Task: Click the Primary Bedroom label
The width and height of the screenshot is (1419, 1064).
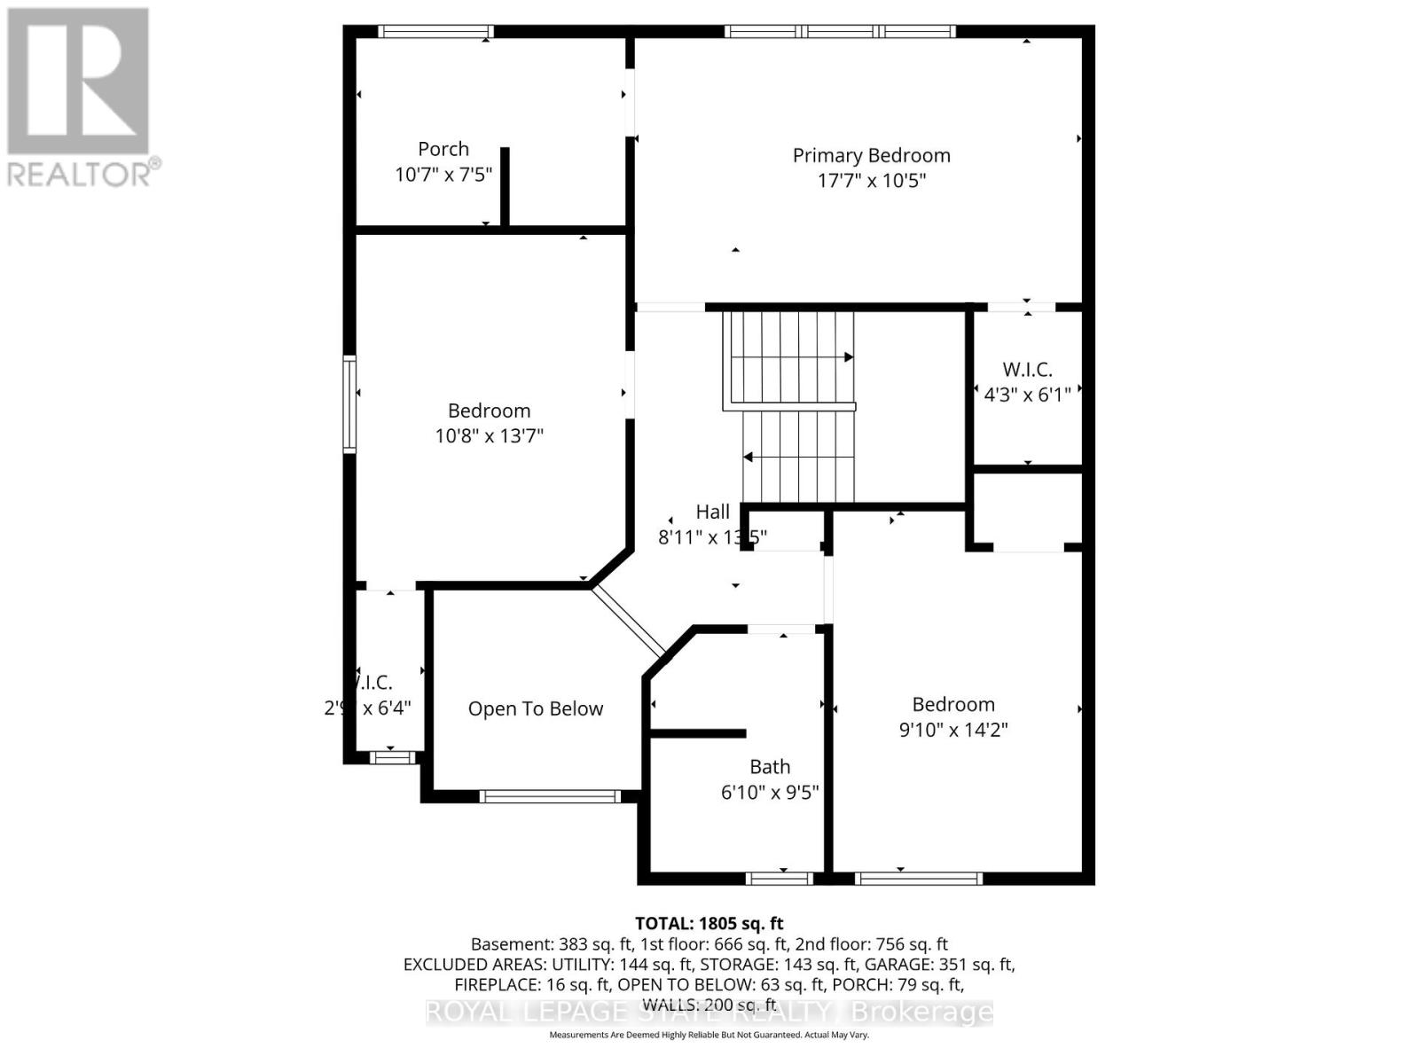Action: [x=871, y=156]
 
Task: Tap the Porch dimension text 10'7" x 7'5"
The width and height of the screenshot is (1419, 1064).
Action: [x=443, y=175]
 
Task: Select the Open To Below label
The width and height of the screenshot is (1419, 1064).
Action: [x=536, y=708]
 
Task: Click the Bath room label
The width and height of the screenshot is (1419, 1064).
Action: [x=770, y=767]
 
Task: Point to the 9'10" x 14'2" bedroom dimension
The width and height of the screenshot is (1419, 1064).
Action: [x=953, y=730]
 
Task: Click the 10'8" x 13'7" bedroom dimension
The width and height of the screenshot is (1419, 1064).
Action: [x=489, y=435]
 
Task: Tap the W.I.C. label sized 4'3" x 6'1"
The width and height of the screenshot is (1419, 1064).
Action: [x=1027, y=370]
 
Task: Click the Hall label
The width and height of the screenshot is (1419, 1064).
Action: [x=712, y=512]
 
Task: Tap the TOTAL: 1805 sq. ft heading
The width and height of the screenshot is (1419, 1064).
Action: [x=709, y=924]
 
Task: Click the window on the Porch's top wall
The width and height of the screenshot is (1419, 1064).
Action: [x=435, y=31]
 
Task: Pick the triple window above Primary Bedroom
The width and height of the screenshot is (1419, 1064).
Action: [x=840, y=31]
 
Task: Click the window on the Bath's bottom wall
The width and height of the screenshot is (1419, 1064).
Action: [x=780, y=879]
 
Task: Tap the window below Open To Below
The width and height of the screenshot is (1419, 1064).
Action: [x=550, y=796]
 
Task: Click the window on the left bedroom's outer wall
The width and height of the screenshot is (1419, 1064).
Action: [x=349, y=404]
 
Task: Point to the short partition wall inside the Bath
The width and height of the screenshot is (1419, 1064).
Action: [x=698, y=733]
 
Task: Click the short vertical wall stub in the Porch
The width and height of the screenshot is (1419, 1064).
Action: [x=505, y=187]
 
